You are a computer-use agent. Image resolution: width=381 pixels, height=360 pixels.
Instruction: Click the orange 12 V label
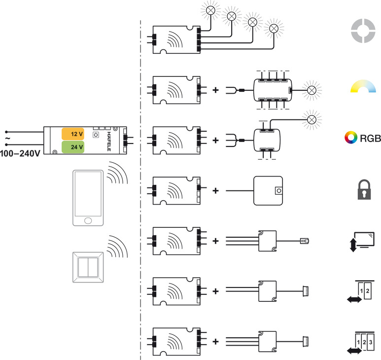[x=73, y=134]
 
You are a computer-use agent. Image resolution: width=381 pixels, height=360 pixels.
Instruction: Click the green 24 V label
[x=73, y=147]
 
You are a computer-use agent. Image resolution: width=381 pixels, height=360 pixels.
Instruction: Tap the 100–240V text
[x=20, y=153]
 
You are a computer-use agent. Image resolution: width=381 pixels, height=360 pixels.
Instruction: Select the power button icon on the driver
[x=96, y=135]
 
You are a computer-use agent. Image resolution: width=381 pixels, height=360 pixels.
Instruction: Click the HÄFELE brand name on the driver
[x=109, y=142]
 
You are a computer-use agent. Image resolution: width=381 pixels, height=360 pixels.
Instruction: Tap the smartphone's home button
[x=88, y=221]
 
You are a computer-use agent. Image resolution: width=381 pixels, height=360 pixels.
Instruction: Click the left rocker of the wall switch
[x=83, y=267]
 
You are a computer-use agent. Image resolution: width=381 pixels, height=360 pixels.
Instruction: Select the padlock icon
[x=364, y=189]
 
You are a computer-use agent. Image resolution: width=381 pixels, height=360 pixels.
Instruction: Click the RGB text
[x=370, y=138]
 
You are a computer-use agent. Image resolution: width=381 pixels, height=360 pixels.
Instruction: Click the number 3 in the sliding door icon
[x=371, y=342]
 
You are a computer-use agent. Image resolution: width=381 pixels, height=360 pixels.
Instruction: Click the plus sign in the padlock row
[x=215, y=190]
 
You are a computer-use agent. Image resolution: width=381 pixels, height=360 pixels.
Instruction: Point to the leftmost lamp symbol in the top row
[x=210, y=10]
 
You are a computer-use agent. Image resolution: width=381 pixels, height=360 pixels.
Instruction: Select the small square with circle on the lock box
[x=279, y=191]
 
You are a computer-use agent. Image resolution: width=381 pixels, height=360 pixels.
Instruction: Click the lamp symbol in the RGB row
[x=312, y=120]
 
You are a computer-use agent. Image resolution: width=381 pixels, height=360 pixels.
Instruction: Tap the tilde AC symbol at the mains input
[x=8, y=138]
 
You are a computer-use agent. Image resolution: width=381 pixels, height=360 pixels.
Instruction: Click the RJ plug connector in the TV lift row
[x=305, y=241]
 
